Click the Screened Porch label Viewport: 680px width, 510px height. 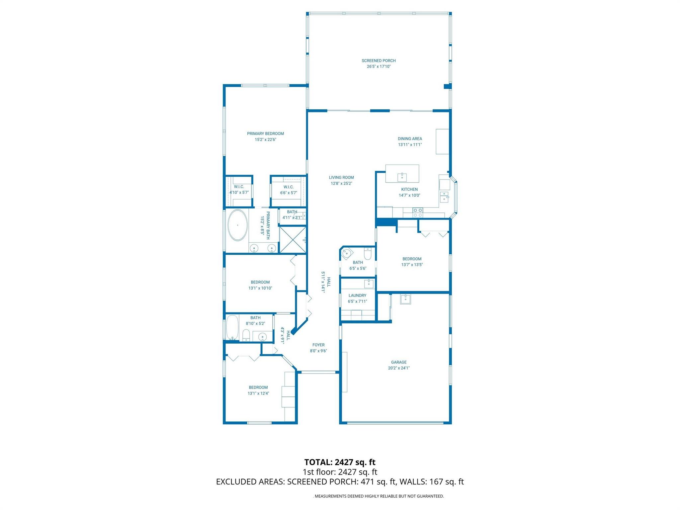coord(379,61)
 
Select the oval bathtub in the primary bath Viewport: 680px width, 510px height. coord(237,225)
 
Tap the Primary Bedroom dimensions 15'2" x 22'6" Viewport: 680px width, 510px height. coord(265,140)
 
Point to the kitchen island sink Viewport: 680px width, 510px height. coord(402,177)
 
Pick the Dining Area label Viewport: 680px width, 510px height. coord(410,139)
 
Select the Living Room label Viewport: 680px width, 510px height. coord(341,178)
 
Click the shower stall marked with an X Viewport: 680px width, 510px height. coord(293,240)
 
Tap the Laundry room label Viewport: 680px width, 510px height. coord(357,296)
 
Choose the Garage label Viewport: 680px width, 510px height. coord(398,362)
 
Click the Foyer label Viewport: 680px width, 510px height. coord(318,345)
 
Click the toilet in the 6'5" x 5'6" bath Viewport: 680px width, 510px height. coord(368,254)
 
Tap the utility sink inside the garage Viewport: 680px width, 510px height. coord(405,299)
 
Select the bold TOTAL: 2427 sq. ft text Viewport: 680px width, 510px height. coord(340,462)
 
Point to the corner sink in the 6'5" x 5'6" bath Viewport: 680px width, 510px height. coord(346,253)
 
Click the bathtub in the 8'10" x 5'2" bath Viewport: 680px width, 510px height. coord(232,327)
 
